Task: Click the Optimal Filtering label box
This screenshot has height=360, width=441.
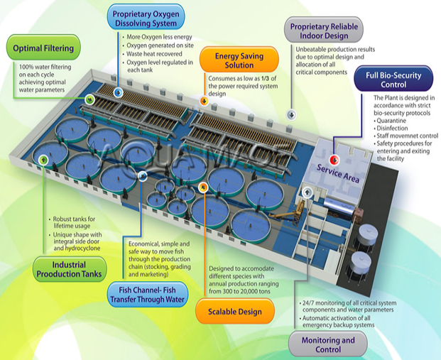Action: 42,49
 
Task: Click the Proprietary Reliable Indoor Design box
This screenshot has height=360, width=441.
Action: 327,31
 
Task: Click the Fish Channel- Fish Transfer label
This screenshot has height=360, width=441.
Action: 146,295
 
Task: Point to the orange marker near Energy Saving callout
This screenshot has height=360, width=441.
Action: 205,101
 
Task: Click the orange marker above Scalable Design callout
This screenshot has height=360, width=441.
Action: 204,187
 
